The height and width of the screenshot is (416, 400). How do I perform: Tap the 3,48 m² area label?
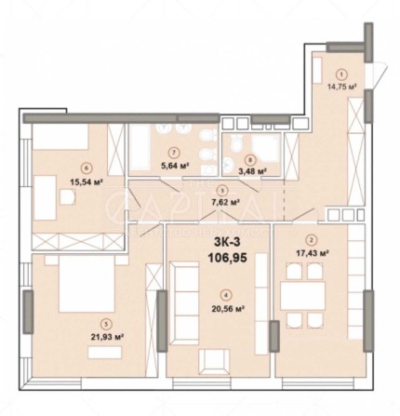click(x=247, y=171)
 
